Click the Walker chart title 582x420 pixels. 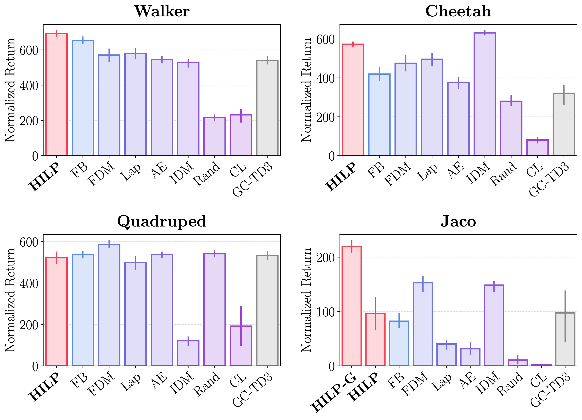click(162, 11)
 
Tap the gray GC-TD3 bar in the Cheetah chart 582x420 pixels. click(564, 125)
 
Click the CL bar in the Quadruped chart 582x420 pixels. click(241, 346)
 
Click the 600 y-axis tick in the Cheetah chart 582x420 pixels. click(325, 40)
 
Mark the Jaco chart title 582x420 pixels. click(458, 221)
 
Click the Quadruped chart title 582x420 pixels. click(162, 221)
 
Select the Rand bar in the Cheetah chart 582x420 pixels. click(511, 128)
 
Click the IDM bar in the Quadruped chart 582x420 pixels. click(188, 353)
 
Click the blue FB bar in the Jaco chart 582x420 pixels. click(399, 343)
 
